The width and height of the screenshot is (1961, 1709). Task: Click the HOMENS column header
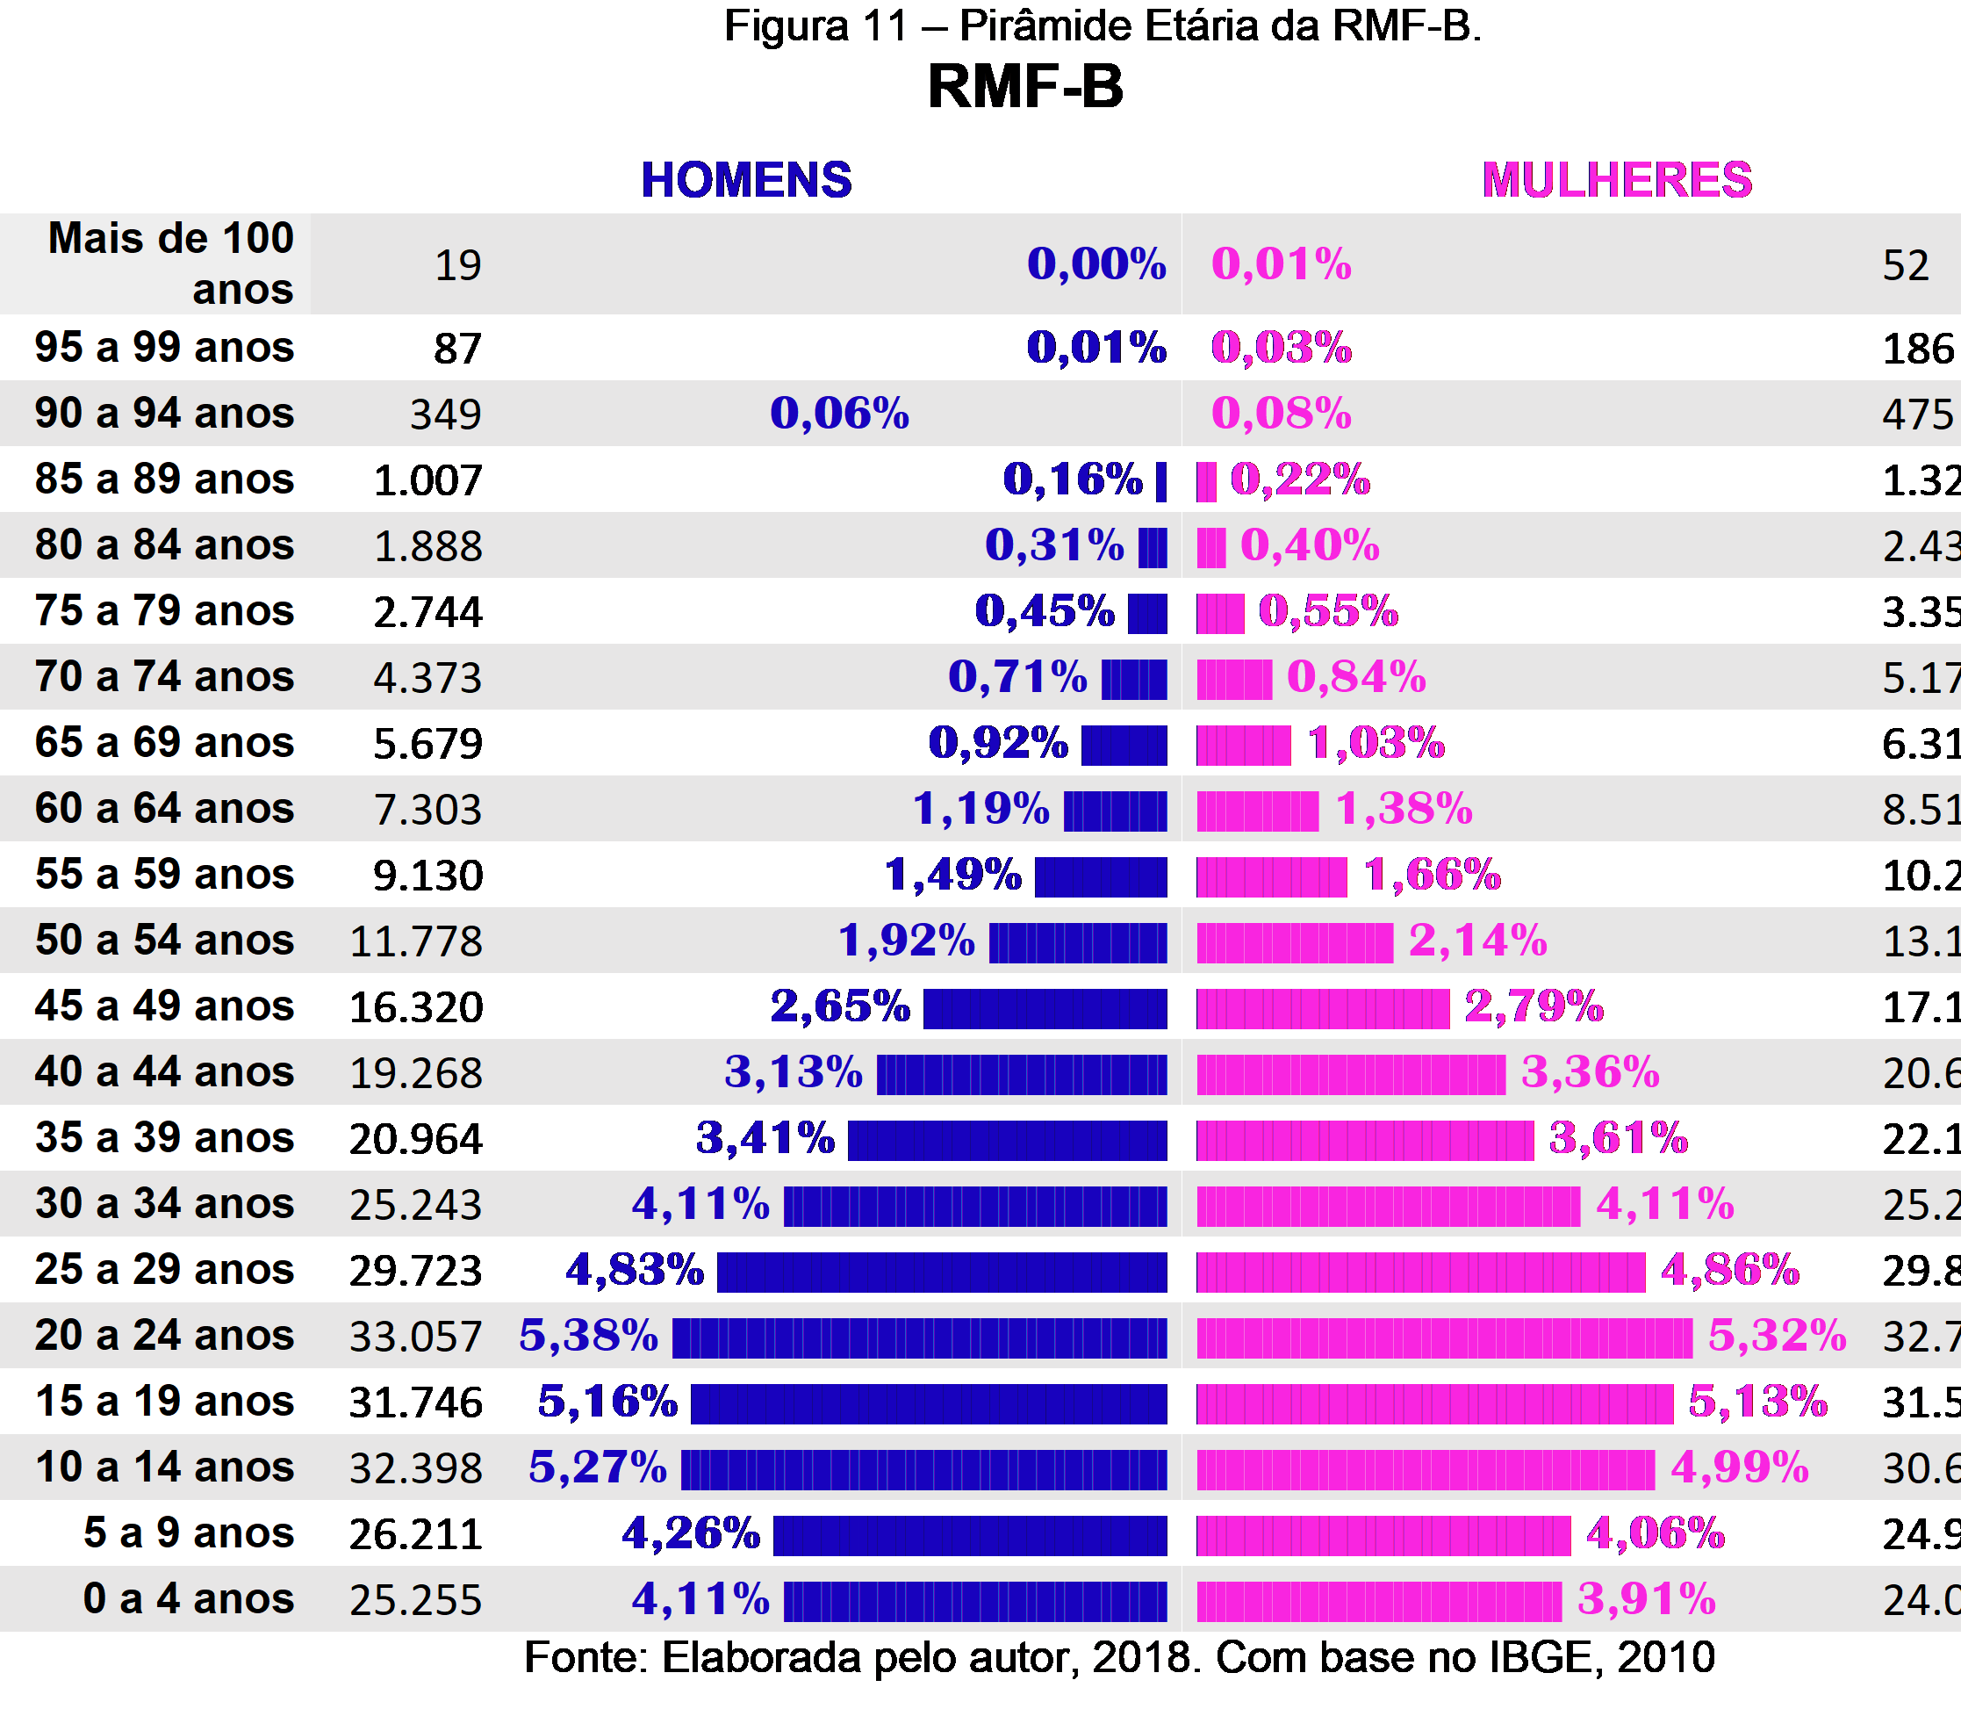[x=745, y=180]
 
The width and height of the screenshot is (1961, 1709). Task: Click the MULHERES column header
[x=1617, y=180]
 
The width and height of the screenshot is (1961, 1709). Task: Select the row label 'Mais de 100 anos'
[x=171, y=263]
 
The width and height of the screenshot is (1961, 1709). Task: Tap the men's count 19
[x=457, y=265]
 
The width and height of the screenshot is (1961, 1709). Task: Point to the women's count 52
[x=1905, y=265]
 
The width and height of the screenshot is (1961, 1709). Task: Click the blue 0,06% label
[x=839, y=413]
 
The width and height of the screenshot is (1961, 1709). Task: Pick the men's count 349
[x=445, y=415]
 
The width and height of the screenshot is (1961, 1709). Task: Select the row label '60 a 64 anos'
[x=164, y=808]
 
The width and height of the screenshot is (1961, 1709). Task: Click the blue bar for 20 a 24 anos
[x=919, y=1337]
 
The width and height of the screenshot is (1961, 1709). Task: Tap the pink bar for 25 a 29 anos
[x=1420, y=1272]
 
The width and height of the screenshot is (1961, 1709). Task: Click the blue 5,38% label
[x=588, y=1335]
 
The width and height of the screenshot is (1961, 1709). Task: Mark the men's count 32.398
[x=416, y=1468]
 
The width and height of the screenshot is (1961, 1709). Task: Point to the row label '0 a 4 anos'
[x=188, y=1598]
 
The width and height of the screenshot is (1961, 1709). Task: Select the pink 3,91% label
[x=1647, y=1599]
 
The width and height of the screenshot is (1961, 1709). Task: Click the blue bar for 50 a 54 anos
[x=1077, y=942]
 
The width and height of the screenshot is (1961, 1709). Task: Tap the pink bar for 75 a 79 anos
[x=1220, y=613]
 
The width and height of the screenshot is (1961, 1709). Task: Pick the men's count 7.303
[x=428, y=810]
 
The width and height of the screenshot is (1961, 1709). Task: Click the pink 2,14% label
[x=1477, y=941]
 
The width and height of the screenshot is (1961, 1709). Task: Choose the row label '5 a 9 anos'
[x=188, y=1532]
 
